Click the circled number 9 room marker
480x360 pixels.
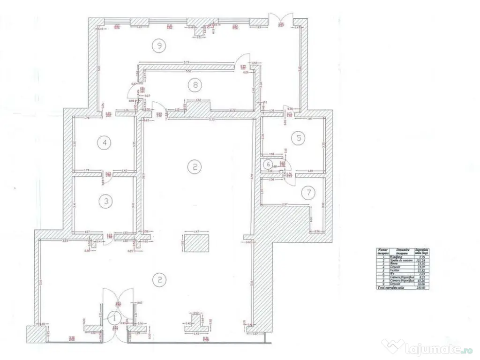pos(160,45)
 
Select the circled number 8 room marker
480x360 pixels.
pos(194,85)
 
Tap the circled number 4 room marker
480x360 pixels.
pos(105,142)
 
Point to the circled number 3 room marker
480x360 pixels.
pos(106,201)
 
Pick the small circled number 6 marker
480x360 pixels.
pos(268,165)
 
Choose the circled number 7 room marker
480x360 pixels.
pos(307,192)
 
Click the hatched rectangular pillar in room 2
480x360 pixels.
pos(197,243)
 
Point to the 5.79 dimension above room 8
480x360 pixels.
pos(186,62)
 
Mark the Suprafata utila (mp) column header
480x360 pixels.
pos(422,252)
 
